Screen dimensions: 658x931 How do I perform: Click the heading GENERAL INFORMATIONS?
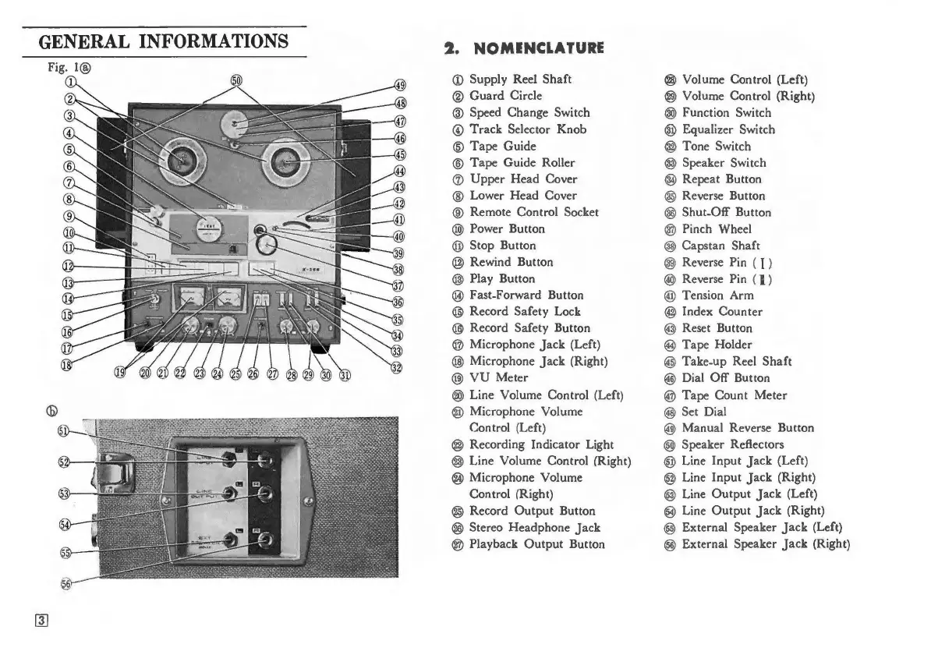[164, 41]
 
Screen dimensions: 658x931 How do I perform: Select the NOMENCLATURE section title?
[524, 48]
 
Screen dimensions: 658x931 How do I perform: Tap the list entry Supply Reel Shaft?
[520, 79]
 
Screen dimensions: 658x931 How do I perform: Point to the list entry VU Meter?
[498, 378]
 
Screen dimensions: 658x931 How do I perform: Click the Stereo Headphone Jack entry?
[534, 528]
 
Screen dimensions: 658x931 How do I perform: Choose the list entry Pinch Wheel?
[717, 228]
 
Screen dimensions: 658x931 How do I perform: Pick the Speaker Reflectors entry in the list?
[732, 444]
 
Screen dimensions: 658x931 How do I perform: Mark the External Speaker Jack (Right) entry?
[765, 544]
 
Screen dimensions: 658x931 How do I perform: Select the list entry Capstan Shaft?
[720, 246]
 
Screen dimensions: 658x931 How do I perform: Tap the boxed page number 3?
[42, 621]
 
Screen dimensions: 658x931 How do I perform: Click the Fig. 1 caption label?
[62, 67]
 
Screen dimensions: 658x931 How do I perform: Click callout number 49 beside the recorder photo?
[400, 86]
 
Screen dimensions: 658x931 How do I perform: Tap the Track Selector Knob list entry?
[527, 129]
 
